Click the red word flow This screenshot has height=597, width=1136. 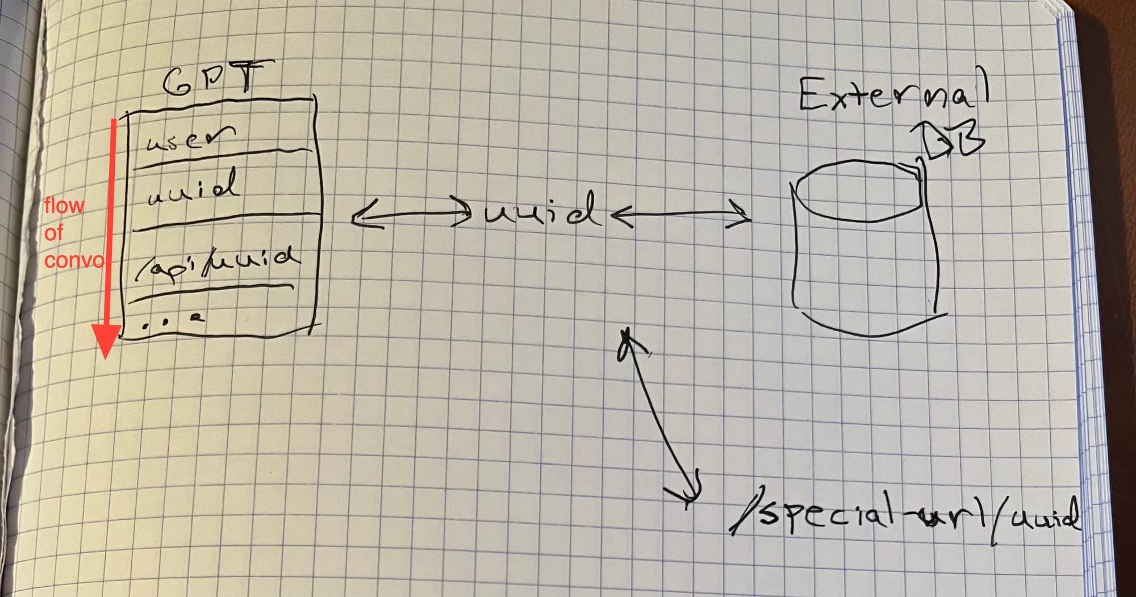(64, 206)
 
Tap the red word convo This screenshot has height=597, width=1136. (74, 260)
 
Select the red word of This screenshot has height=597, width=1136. (54, 233)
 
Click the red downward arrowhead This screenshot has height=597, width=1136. (107, 341)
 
